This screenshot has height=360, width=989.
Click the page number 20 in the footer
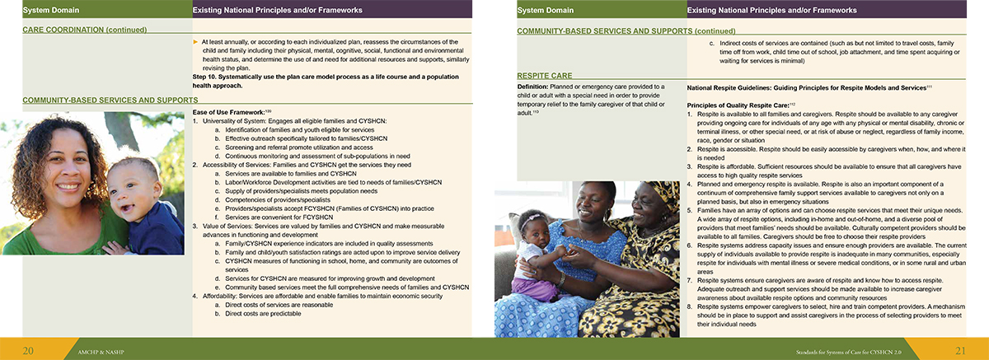click(x=27, y=350)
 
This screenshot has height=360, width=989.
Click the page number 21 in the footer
click(x=959, y=350)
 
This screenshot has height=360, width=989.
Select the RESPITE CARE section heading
click(x=546, y=76)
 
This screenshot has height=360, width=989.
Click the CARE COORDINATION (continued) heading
click(x=85, y=30)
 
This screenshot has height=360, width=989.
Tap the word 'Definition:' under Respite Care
click(x=536, y=86)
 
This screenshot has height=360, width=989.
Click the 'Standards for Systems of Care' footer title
click(x=879, y=351)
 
